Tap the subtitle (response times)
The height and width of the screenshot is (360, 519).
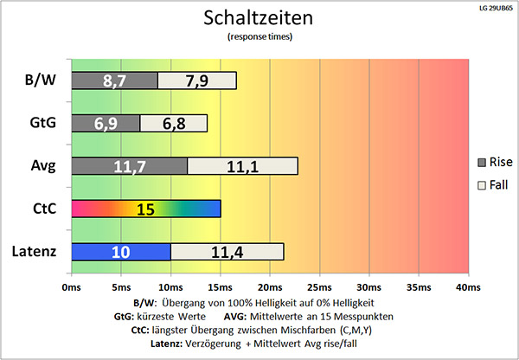pyautogui.click(x=259, y=37)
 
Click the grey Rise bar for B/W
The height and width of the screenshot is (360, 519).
pyautogui.click(x=114, y=80)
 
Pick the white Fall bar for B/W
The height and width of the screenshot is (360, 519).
pyautogui.click(x=197, y=80)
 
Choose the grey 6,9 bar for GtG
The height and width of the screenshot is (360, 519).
pyautogui.click(x=106, y=123)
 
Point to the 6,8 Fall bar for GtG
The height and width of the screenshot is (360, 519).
pyautogui.click(x=174, y=123)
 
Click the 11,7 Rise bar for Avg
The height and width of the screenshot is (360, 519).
pyautogui.click(x=129, y=165)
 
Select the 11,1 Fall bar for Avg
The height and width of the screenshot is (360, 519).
pyautogui.click(x=242, y=165)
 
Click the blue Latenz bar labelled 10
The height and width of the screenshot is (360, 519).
pyautogui.click(x=121, y=251)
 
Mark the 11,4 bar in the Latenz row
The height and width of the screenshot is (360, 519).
pyautogui.click(x=227, y=251)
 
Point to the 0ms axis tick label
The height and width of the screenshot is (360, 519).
pyautogui.click(x=72, y=286)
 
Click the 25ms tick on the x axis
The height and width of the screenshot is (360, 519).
pyautogui.click(x=319, y=286)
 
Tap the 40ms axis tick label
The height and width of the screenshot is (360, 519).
pyautogui.click(x=468, y=286)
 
